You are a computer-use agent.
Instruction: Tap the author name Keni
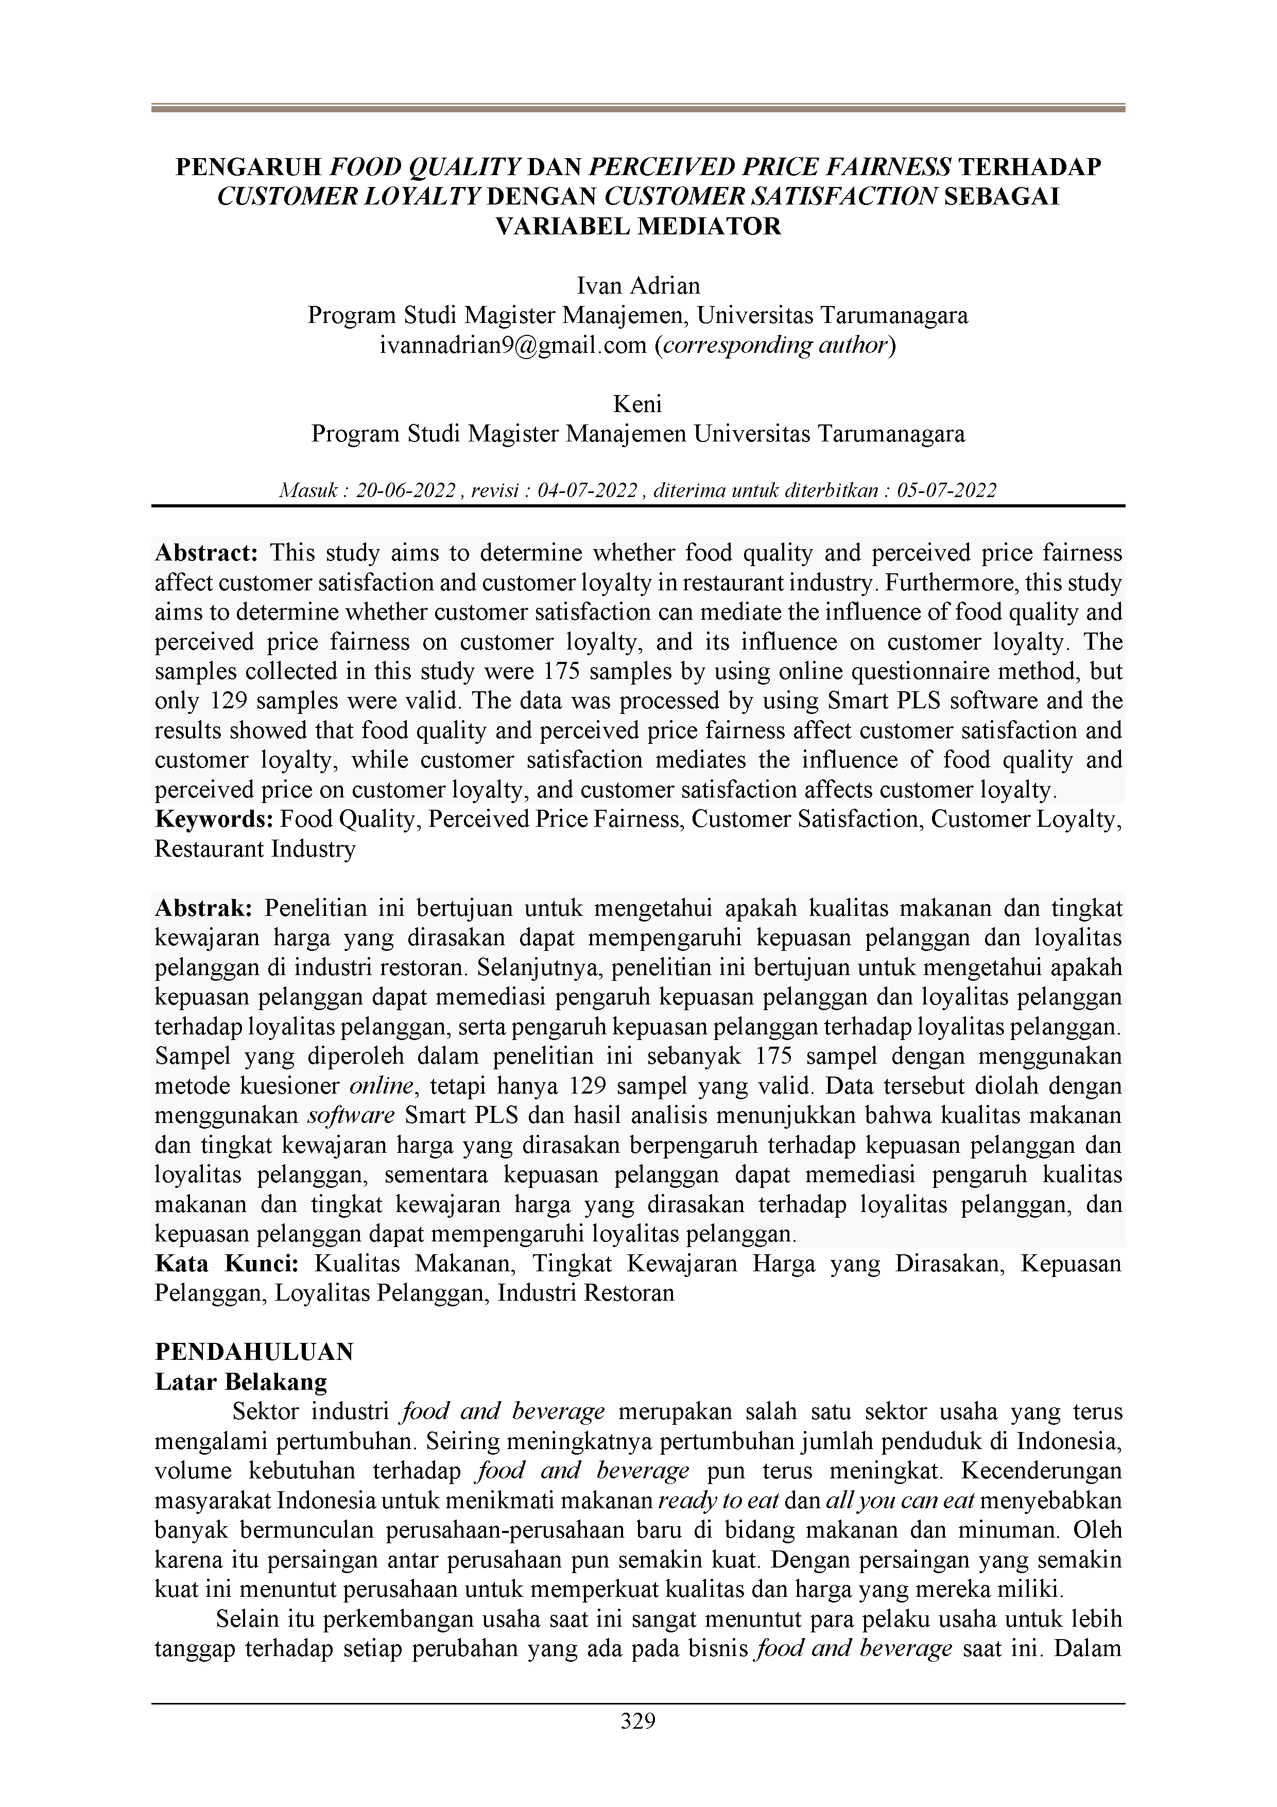click(637, 404)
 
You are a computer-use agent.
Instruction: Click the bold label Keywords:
click(214, 820)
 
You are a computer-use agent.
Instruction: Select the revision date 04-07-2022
click(587, 491)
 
